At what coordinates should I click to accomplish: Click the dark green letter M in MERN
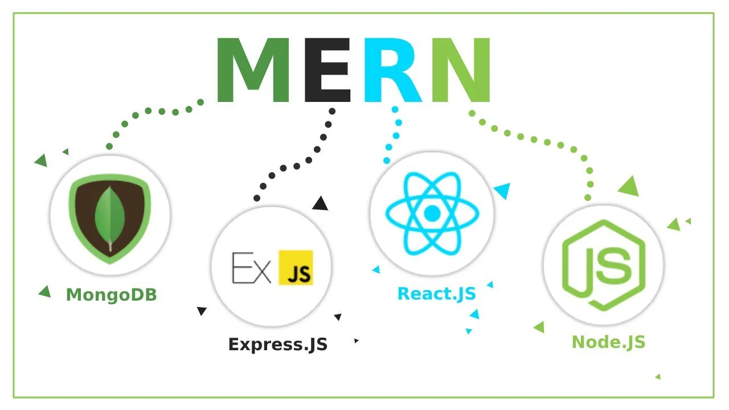(x=253, y=70)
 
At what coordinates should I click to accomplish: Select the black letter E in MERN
(x=327, y=70)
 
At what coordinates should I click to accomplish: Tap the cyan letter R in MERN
(x=392, y=70)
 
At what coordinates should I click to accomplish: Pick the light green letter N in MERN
(x=461, y=70)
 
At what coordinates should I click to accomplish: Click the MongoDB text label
(x=111, y=295)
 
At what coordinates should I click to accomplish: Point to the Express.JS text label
(x=278, y=345)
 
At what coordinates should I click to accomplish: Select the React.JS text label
(x=436, y=293)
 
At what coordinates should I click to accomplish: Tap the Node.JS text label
(x=608, y=342)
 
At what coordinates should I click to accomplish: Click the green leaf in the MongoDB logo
(x=110, y=218)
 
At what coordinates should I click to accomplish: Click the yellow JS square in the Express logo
(x=296, y=268)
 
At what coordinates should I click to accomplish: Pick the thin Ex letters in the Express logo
(x=251, y=268)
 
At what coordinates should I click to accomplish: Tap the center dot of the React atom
(x=432, y=214)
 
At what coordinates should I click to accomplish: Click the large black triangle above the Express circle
(x=320, y=203)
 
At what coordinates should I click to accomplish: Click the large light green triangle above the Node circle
(x=629, y=186)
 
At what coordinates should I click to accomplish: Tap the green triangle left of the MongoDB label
(x=45, y=292)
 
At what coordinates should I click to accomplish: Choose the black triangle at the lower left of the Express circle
(x=202, y=311)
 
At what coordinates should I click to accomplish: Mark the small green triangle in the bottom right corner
(x=658, y=377)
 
